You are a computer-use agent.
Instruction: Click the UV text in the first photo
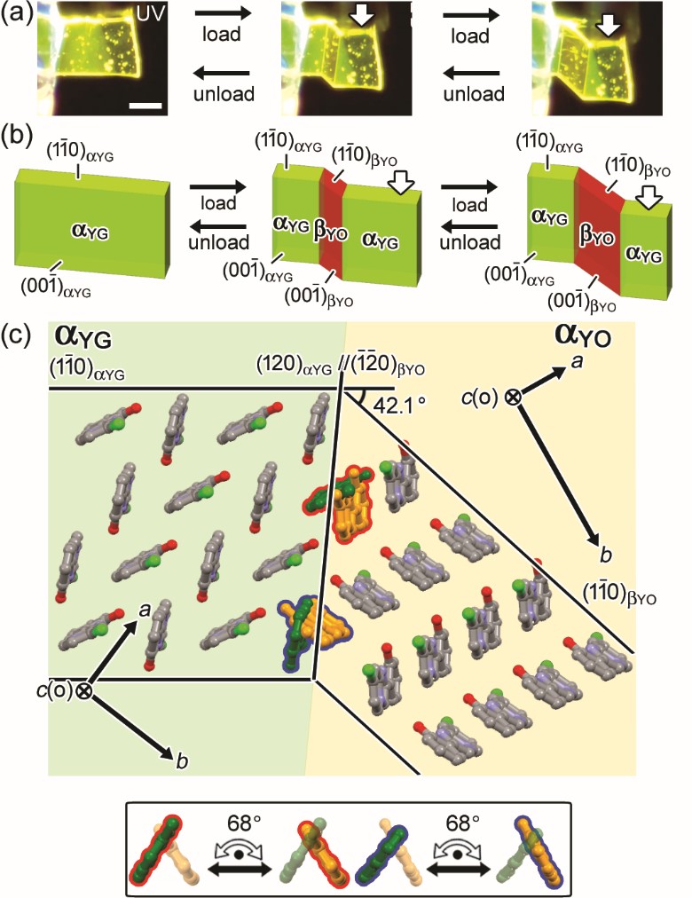click(149, 13)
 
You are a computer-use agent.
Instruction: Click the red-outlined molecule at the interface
click(347, 500)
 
